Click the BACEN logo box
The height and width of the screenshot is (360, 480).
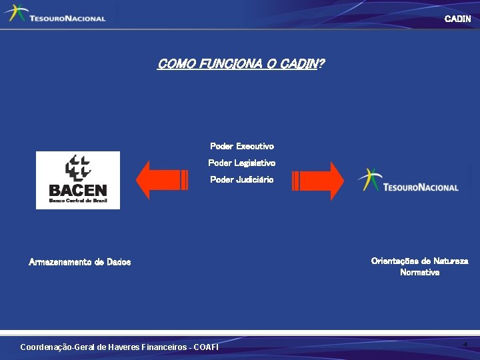(x=77, y=180)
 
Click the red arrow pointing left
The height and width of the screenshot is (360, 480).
(x=160, y=181)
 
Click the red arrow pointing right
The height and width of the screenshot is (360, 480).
(x=318, y=181)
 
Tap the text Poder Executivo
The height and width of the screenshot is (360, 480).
(x=241, y=146)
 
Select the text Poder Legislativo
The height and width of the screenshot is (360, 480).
(x=241, y=163)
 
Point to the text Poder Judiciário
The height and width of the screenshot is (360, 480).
(x=241, y=179)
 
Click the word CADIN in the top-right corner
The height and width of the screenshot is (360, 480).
(x=457, y=19)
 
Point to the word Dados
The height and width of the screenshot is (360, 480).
(x=117, y=262)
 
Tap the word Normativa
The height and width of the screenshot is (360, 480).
(x=419, y=272)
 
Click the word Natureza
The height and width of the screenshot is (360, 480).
(x=451, y=261)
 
